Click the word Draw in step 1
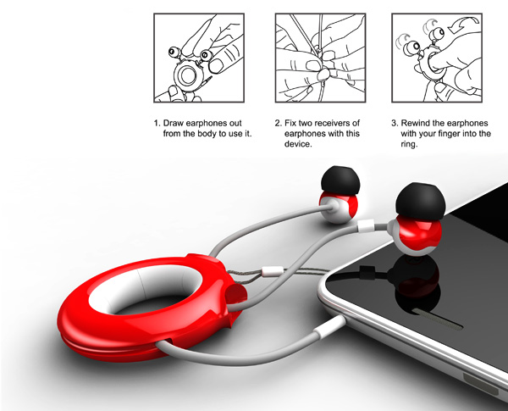[x=174, y=123]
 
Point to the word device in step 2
[x=297, y=144]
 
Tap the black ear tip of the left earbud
[x=340, y=181]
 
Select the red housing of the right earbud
[x=420, y=236]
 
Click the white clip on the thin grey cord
[x=273, y=271]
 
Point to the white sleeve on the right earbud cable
[x=366, y=225]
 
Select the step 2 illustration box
[x=320, y=58]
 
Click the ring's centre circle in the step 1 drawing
[x=187, y=75]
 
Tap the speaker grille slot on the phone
[x=438, y=319]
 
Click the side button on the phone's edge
[x=481, y=383]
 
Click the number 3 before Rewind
[x=394, y=123]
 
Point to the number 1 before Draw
[x=157, y=123]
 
